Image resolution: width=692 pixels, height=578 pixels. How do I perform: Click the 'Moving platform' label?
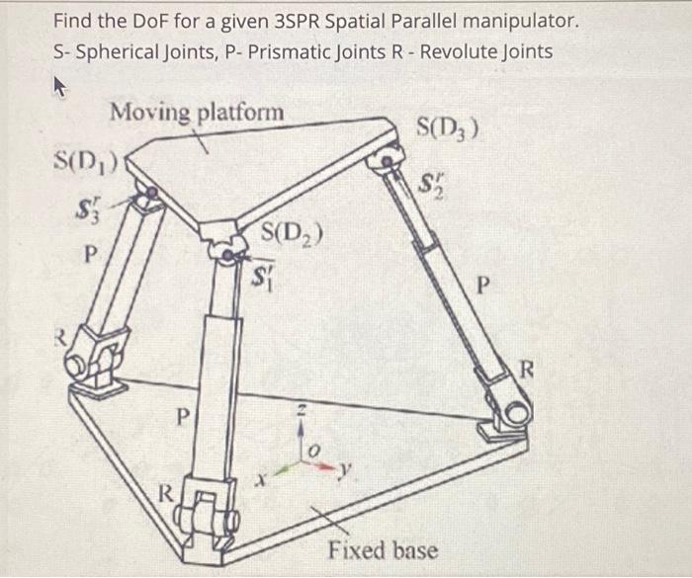(x=197, y=112)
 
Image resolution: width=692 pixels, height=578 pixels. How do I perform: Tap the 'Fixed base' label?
(x=383, y=549)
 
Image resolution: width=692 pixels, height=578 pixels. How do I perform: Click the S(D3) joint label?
(x=449, y=126)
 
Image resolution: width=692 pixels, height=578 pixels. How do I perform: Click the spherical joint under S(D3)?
(x=388, y=156)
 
